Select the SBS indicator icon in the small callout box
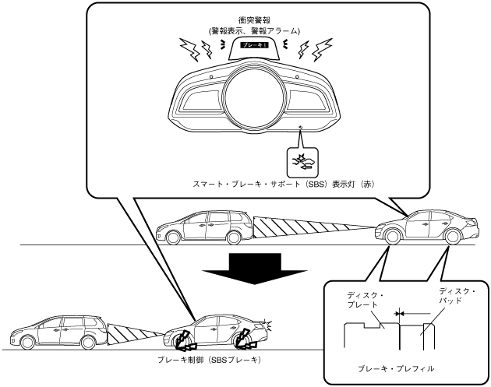(x=302, y=160)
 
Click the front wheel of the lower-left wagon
(x=26, y=341)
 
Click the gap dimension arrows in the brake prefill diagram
(x=398, y=311)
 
